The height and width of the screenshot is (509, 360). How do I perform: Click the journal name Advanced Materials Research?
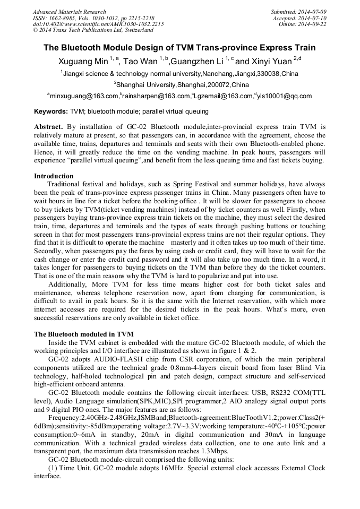point(69,12)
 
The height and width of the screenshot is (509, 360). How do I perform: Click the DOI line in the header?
point(98,24)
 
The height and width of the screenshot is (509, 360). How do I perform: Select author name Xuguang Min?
point(83,62)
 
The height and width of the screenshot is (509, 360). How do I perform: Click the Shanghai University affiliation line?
point(181,84)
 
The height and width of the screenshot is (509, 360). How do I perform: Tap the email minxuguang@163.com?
point(84,96)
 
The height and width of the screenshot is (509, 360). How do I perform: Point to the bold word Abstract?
point(48,127)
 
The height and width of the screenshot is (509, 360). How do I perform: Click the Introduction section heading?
point(54,176)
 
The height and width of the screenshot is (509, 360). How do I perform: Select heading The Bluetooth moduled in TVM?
point(84,334)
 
